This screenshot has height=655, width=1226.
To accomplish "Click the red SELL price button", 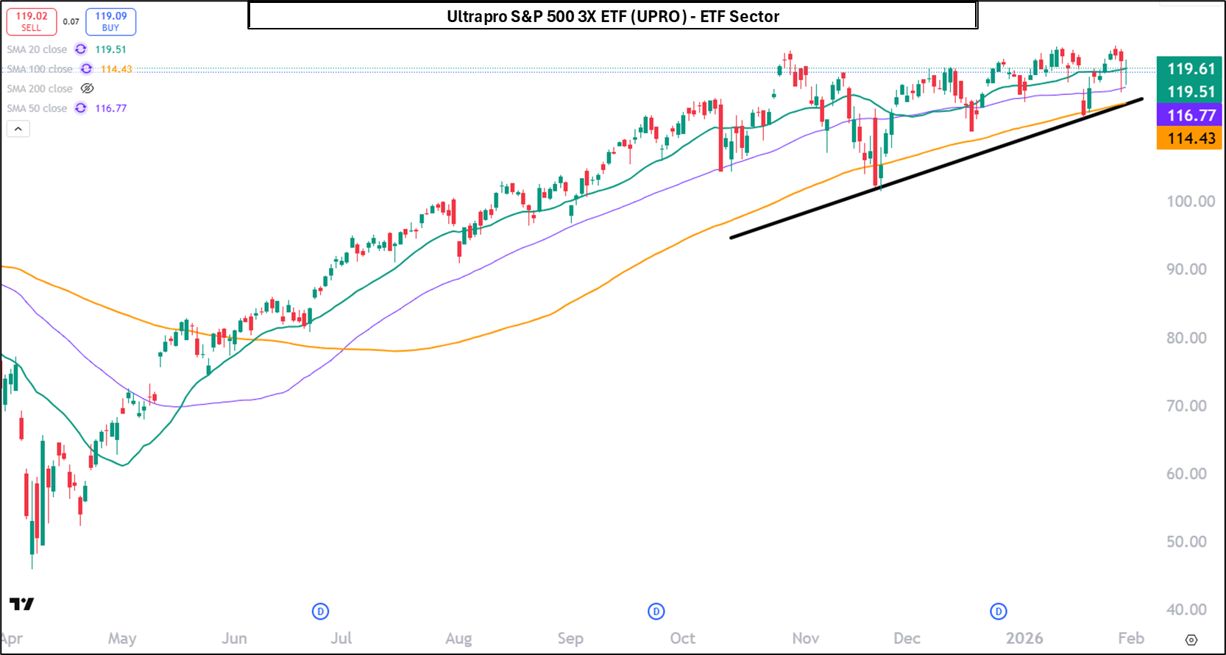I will tap(32, 21).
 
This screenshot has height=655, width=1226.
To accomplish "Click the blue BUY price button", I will tap(110, 21).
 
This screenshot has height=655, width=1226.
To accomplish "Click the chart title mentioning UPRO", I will tap(612, 16).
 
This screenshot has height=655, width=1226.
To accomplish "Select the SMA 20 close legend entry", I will tap(37, 49).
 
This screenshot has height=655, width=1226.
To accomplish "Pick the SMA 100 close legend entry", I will tap(40, 69).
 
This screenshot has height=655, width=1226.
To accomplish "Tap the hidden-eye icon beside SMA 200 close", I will tap(87, 88).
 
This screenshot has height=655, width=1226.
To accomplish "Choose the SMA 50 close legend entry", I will tap(37, 108).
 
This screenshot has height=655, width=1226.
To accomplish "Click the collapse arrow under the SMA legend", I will tap(18, 129).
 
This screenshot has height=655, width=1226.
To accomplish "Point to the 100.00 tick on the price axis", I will tap(1190, 202).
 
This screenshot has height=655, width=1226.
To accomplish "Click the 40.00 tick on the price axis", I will tap(1186, 609).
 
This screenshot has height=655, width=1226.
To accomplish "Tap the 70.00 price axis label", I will tap(1186, 406).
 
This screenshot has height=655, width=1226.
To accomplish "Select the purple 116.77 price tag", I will tap(1190, 116).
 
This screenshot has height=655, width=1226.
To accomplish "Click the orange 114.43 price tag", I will tap(1190, 138).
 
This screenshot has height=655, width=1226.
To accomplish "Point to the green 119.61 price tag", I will tap(1190, 68).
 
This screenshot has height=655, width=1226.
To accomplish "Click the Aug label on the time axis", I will tap(458, 638).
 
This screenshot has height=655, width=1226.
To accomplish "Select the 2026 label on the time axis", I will tap(1024, 638).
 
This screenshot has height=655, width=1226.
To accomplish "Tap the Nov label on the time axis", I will tap(806, 638).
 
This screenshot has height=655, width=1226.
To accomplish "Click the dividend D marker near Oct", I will tap(656, 611).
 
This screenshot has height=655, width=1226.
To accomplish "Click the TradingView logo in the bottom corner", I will tap(22, 604).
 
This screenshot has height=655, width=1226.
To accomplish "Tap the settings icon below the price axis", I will tap(1191, 640).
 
